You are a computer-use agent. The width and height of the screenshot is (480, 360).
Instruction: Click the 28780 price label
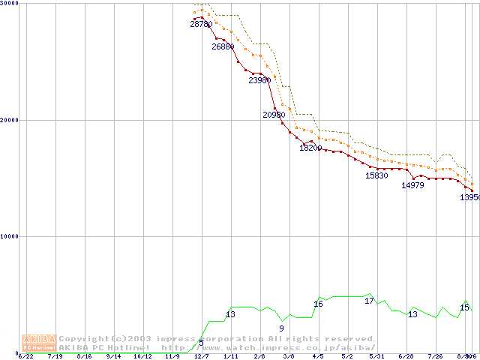click(x=201, y=25)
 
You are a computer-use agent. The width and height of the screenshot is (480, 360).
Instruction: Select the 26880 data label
click(x=223, y=46)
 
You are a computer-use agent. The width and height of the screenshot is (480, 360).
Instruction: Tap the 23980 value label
click(x=259, y=80)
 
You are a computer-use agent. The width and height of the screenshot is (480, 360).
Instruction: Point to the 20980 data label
click(x=274, y=115)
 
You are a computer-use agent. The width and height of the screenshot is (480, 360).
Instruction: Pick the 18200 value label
click(x=310, y=148)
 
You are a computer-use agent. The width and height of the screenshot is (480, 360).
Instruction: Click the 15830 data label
click(x=376, y=175)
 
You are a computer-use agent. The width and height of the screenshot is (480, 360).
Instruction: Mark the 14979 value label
click(x=412, y=185)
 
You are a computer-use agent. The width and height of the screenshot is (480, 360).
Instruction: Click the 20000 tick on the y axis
click(x=10, y=120)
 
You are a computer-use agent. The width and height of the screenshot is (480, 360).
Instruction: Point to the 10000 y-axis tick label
click(x=10, y=236)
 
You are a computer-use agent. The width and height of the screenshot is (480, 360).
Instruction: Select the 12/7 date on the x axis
click(x=201, y=356)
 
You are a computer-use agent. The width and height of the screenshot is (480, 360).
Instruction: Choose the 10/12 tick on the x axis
click(x=142, y=356)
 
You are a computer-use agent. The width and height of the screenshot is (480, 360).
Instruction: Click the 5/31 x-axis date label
click(x=376, y=356)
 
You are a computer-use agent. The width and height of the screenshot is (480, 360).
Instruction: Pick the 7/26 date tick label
click(x=436, y=356)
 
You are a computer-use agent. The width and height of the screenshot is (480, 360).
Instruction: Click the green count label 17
click(x=369, y=301)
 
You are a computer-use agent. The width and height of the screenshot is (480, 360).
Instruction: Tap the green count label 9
click(x=281, y=328)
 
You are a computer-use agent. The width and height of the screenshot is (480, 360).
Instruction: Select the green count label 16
click(x=318, y=304)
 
